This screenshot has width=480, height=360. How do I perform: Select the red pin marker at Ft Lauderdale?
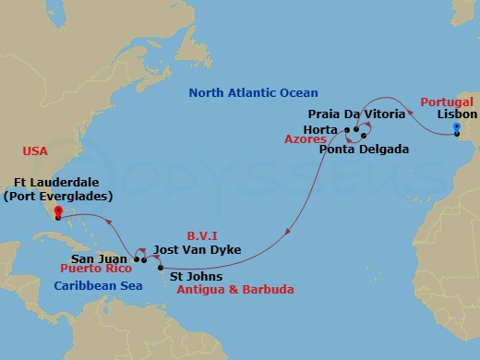pos(55,213)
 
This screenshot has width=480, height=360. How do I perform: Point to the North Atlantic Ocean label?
pos(253,93)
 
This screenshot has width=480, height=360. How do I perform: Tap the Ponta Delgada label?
pos(364,149)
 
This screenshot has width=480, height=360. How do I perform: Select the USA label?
pos(36,150)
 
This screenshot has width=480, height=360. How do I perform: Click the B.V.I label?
pos(201,235)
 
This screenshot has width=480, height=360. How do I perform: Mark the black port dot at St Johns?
pos(162,268)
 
